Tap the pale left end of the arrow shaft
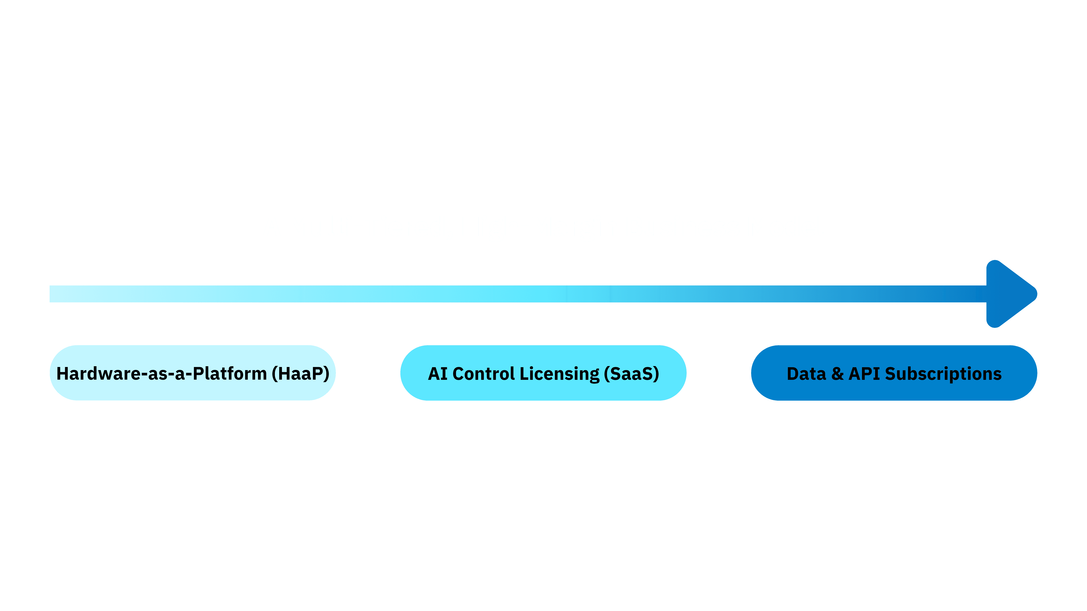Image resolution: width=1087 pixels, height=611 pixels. [x=63, y=294]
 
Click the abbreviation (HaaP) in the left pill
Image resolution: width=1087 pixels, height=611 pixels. [x=300, y=374]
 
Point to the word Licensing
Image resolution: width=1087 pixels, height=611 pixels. [x=559, y=374]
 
